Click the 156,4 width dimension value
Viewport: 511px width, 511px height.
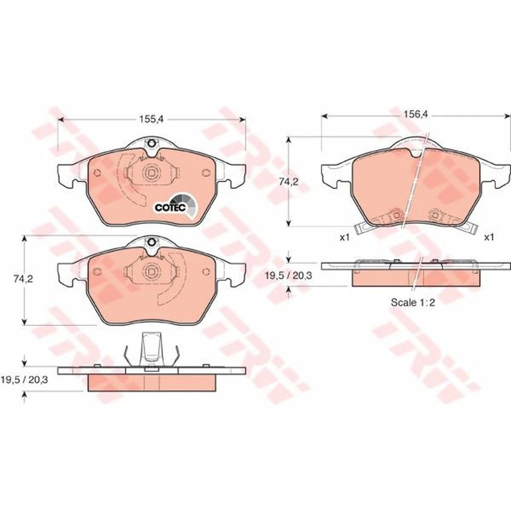click(x=415, y=114)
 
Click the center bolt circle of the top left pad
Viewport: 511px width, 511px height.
click(x=150, y=173)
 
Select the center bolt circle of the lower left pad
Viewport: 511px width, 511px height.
click(x=150, y=271)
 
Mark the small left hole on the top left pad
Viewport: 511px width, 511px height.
click(x=97, y=173)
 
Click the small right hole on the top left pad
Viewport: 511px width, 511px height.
click(x=205, y=173)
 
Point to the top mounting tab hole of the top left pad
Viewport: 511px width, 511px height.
click(x=150, y=146)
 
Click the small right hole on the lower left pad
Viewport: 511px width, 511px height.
click(x=205, y=271)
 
